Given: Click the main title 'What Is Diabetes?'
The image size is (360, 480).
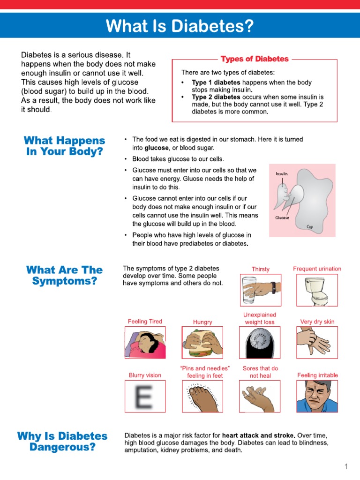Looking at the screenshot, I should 180,26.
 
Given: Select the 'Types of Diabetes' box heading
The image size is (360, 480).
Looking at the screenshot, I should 255,59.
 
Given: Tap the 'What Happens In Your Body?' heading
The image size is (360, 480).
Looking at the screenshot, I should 65,146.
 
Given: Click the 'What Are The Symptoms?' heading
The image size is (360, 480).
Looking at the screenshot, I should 65,276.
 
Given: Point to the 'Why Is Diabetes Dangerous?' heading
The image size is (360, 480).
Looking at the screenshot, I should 62,442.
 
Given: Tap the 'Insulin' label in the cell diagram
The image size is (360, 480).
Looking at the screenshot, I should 281,174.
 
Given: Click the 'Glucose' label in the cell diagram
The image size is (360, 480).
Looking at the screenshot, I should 282,217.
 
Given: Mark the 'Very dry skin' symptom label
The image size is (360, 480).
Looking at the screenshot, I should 317,322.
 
